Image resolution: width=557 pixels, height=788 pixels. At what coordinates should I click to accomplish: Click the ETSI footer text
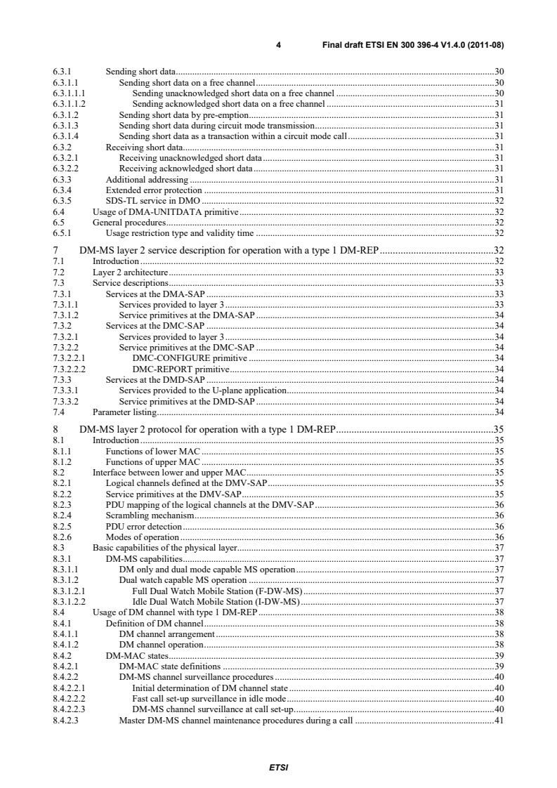pos(278,767)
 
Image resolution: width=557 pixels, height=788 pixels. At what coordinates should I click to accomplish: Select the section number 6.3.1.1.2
pos(68,104)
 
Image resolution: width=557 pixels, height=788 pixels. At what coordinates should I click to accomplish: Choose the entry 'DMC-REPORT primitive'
pos(181,369)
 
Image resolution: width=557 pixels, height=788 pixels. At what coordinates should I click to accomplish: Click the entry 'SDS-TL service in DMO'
pos(148,199)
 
